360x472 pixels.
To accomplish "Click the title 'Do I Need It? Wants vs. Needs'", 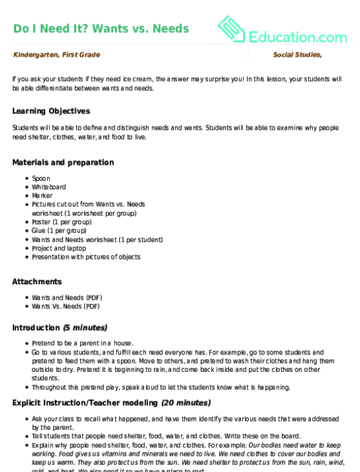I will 101,28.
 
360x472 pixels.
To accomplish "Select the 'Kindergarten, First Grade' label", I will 56,56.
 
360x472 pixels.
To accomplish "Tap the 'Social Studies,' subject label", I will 297,56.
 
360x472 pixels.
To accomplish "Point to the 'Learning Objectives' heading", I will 51,111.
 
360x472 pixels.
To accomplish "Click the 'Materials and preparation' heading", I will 63,162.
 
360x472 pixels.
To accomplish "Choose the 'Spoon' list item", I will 41,178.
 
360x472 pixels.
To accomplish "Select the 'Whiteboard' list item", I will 48,187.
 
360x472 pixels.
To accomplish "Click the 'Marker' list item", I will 42,196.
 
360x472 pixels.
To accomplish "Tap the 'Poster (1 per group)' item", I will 61,221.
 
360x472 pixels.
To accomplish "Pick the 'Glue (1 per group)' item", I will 58,231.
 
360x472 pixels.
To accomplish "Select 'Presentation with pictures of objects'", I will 86,257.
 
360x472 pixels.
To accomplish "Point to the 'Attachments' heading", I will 37,282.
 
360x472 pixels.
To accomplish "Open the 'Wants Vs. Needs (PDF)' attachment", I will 66,307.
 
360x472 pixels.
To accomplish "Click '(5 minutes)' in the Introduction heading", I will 85,327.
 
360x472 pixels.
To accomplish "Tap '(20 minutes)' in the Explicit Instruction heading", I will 185,403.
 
